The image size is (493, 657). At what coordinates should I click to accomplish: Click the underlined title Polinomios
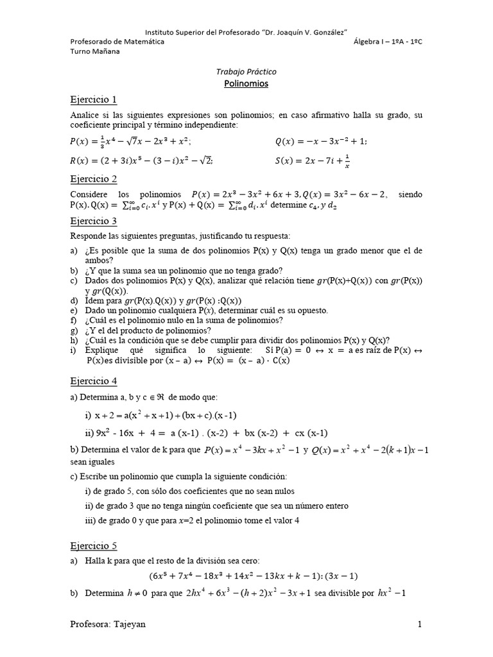(246, 83)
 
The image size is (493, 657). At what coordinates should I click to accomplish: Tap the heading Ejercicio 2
(94, 179)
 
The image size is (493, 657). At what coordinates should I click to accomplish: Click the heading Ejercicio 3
(94, 221)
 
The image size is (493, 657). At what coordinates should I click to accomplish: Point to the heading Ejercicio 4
(94, 380)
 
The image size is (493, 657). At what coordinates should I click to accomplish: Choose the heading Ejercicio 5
(94, 546)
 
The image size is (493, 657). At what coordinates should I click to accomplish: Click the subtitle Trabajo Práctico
(246, 72)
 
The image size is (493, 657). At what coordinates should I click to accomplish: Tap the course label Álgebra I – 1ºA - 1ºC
(388, 42)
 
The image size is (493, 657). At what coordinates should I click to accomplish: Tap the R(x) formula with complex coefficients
(141, 160)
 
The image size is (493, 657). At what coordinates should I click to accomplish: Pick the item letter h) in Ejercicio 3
(74, 341)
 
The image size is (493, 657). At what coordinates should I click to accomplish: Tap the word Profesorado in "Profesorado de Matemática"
(94, 42)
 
